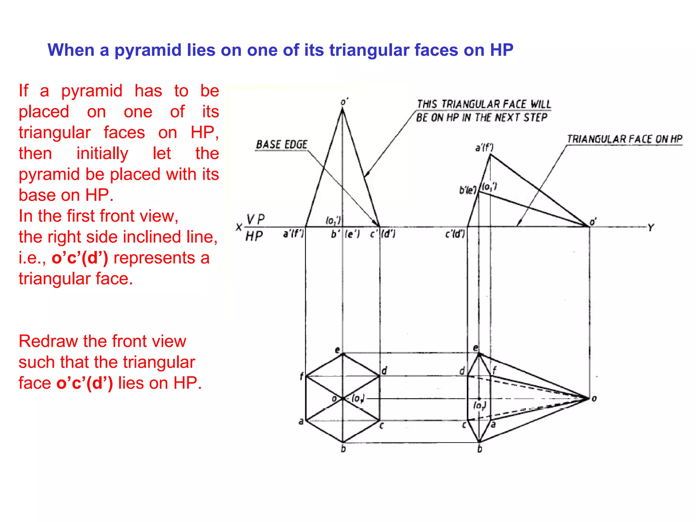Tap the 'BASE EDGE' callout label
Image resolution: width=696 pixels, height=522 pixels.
click(281, 145)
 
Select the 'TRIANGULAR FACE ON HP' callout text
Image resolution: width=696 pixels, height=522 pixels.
click(624, 139)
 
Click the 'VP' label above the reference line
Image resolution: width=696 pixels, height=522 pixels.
click(255, 219)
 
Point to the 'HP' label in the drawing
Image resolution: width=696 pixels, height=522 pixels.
click(254, 236)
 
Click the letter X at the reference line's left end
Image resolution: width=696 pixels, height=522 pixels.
click(239, 227)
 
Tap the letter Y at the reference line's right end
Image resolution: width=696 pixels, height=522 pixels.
click(650, 227)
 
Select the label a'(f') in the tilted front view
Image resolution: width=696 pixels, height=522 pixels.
click(484, 148)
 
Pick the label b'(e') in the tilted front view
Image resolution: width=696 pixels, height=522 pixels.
click(468, 190)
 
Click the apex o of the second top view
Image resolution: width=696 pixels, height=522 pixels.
click(589, 398)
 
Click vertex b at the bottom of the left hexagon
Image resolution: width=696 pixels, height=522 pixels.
click(343, 442)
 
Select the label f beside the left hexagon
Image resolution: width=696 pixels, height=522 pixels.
click(301, 376)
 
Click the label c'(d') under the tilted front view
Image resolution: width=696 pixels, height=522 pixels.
click(455, 234)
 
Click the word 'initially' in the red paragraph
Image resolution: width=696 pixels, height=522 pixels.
click(102, 153)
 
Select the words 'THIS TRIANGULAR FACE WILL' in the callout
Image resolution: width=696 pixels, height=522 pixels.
click(484, 104)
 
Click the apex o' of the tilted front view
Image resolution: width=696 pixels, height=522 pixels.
click(589, 226)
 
